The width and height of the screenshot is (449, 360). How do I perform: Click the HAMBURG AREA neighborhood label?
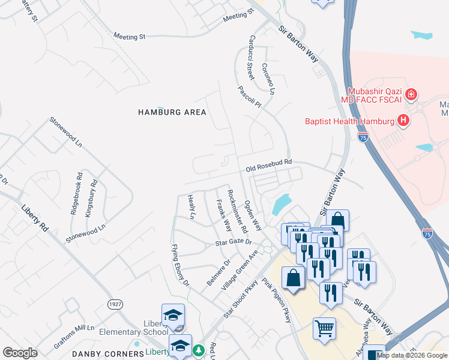[x=172, y=112]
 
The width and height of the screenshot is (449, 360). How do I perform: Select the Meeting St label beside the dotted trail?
[x=130, y=37]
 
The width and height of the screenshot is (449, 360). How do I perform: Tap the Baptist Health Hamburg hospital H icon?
[x=403, y=121]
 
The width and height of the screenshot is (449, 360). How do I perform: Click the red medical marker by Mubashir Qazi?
[x=411, y=94]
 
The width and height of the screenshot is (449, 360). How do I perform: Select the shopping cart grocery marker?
[x=324, y=328]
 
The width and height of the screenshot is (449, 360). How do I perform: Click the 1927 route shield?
[x=115, y=304]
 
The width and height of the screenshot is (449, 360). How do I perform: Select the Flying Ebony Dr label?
[x=179, y=265]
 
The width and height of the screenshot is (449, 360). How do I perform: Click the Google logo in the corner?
[x=20, y=352]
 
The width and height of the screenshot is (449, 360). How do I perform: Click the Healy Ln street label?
[x=191, y=206]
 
